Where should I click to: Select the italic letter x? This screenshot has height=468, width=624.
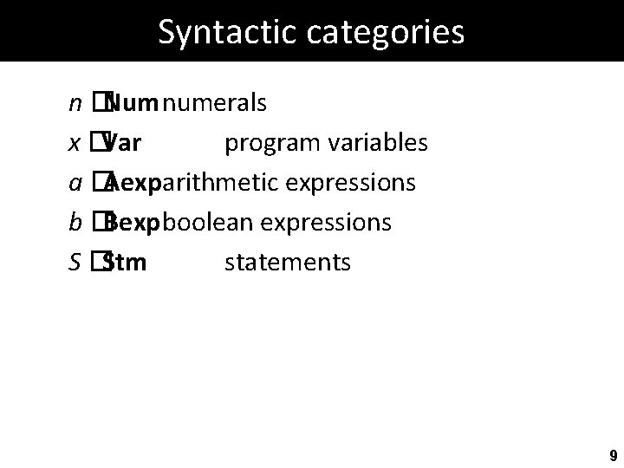pyautogui.click(x=75, y=144)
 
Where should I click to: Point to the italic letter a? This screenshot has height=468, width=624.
pyautogui.click(x=75, y=183)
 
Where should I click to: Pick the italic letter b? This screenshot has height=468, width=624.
pyautogui.click(x=75, y=222)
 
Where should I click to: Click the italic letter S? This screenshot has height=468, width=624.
pyautogui.click(x=75, y=261)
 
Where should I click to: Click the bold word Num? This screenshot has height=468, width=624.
pyautogui.click(x=132, y=105)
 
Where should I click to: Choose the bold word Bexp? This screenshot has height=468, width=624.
pyautogui.click(x=131, y=223)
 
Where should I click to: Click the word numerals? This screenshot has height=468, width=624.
pyautogui.click(x=214, y=105)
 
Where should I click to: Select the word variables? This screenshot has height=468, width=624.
pyautogui.click(x=380, y=144)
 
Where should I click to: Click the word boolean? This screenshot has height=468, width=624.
pyautogui.click(x=207, y=222)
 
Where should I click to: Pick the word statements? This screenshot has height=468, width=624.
pyautogui.click(x=288, y=261)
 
